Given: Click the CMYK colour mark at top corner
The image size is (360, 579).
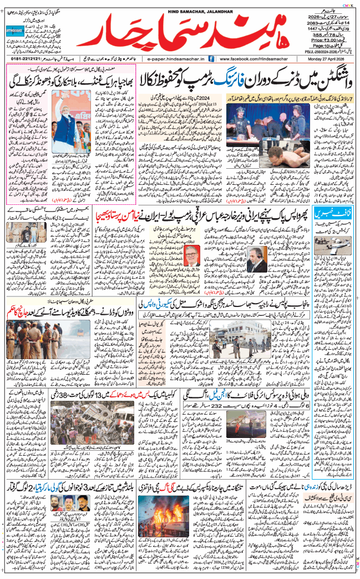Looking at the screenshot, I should click(x=351, y=4).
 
